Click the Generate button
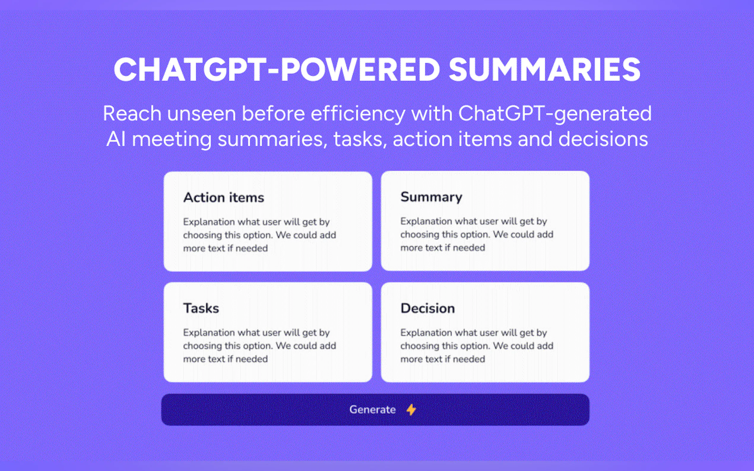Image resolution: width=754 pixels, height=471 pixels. [375, 410]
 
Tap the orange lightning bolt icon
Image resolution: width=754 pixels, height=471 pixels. [411, 410]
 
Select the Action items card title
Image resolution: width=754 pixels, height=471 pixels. [224, 198]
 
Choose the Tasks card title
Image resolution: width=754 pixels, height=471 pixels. [201, 308]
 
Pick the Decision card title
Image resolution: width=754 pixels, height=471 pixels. [428, 308]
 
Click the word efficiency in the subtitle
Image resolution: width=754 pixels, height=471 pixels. [358, 114]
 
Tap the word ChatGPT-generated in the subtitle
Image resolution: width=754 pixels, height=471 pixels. [555, 114]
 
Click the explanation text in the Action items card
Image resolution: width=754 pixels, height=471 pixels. [259, 235]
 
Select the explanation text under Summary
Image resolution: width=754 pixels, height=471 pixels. [476, 234]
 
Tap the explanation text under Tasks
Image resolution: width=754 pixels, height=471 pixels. [259, 346]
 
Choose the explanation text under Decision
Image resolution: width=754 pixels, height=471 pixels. [476, 346]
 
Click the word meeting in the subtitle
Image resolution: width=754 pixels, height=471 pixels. [172, 139]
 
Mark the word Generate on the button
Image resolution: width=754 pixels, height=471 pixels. [373, 410]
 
